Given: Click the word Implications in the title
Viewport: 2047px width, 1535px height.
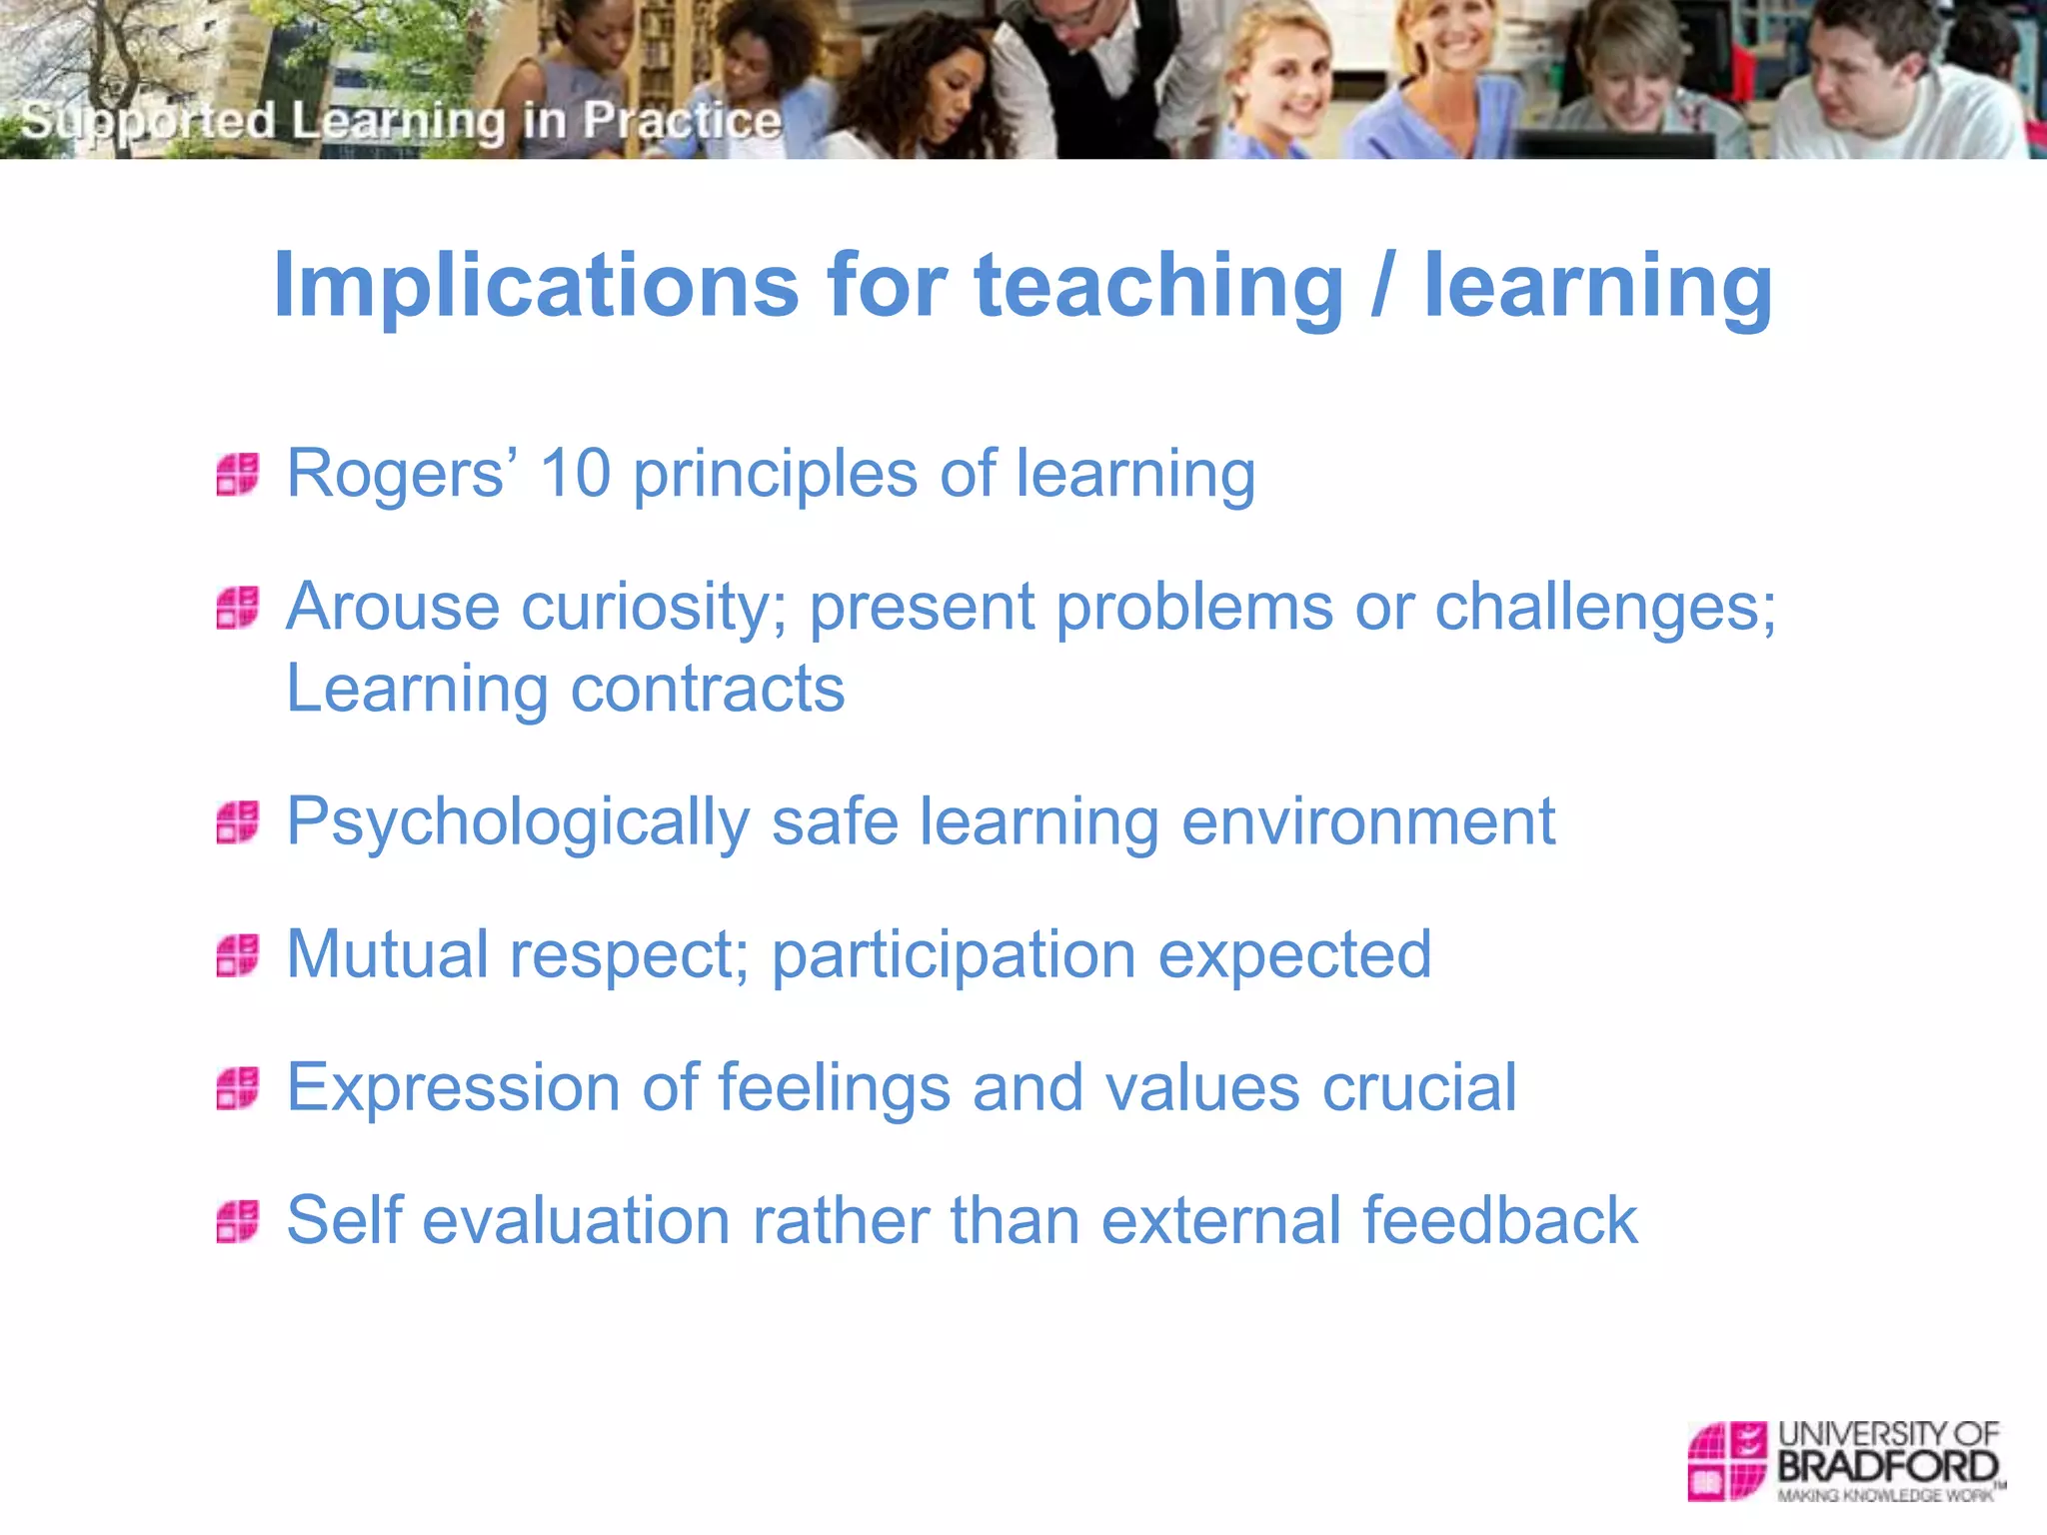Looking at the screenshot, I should tap(536, 287).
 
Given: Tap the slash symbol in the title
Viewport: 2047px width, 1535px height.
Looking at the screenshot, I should tap(1382, 287).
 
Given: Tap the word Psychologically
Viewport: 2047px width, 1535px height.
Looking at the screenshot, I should tap(518, 823).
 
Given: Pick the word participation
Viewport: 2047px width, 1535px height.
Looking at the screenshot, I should tap(954, 956).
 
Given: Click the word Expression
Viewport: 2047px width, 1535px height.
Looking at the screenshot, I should tap(453, 1088).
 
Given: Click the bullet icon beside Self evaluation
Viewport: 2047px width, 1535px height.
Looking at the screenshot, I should tap(238, 1221).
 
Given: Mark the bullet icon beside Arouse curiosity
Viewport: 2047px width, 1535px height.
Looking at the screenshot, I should tap(238, 608).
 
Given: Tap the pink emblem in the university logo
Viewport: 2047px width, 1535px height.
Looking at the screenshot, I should tap(1727, 1460).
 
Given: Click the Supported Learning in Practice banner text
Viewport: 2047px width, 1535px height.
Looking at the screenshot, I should tap(401, 121).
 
